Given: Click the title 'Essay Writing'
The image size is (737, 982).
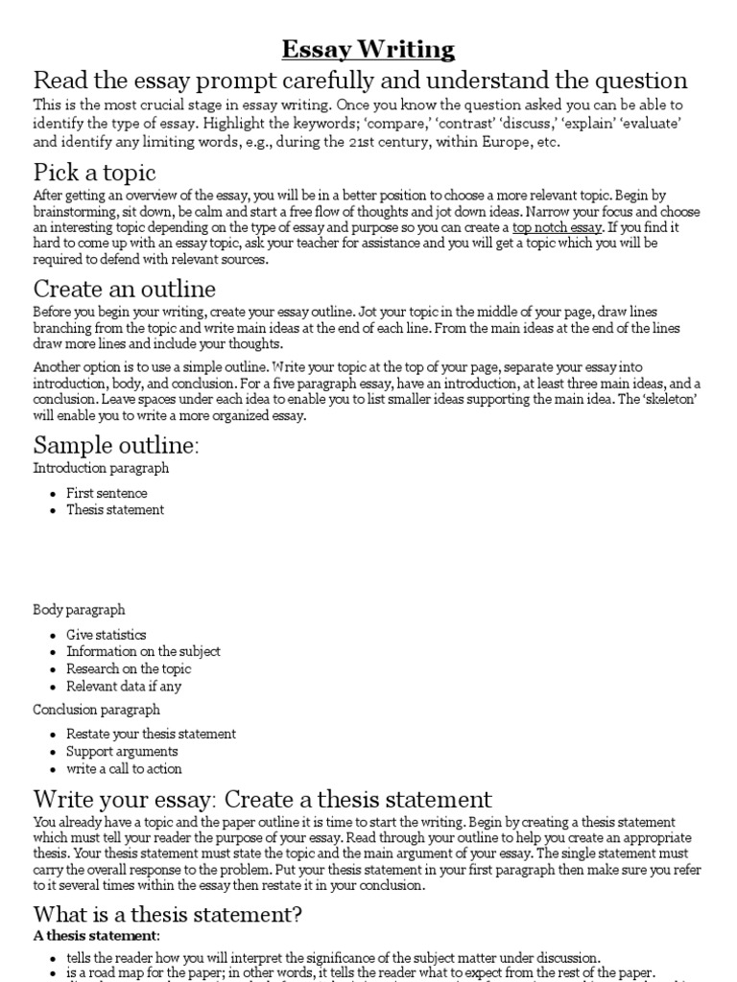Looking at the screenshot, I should pos(368,49).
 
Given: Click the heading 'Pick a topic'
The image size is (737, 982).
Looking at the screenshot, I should pos(94,174).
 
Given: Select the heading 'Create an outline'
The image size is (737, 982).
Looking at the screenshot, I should pos(125,289).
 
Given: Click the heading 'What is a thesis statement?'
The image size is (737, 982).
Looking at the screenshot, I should pos(168,914).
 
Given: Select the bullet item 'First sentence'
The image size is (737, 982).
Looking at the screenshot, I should pos(107,493).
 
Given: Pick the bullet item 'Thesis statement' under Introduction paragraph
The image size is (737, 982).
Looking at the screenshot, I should pos(114,510).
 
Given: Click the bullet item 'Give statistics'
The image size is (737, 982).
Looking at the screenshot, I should pos(106,635).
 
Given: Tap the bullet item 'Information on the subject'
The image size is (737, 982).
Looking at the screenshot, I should pos(143,652).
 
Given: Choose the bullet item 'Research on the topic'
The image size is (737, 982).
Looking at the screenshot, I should pos(129,669).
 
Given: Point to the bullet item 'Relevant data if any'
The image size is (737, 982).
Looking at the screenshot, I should pos(123,687).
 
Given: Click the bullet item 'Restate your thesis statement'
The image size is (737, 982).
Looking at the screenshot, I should pos(151,734).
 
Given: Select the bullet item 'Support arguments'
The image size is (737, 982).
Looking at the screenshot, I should pos(122,751).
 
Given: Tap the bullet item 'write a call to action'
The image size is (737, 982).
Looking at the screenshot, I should pos(124,768).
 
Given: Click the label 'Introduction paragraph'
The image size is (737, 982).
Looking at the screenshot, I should pos(101,468).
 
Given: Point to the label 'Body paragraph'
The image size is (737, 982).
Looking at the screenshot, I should pos(79,610).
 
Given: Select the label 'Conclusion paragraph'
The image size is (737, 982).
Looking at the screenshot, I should pos(96,710).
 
